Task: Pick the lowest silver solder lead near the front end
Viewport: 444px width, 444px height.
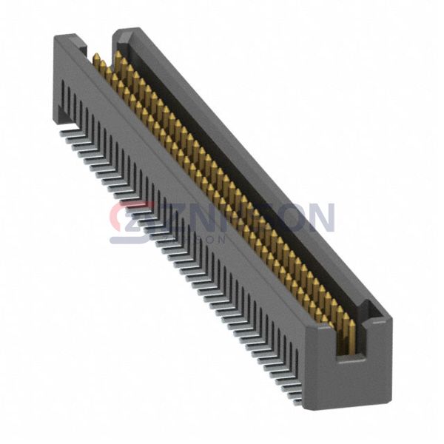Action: pyautogui.click(x=295, y=400)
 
